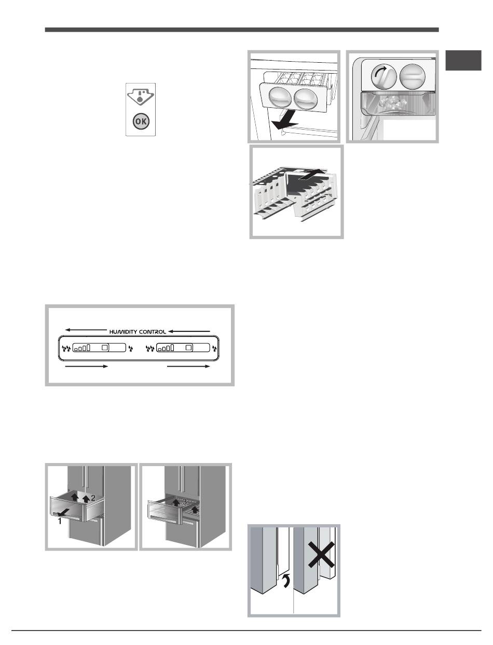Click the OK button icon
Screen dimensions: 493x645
[141, 121]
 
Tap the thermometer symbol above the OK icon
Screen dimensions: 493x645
[141, 96]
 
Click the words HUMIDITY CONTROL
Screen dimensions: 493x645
[138, 332]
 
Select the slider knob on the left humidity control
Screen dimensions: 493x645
[105, 347]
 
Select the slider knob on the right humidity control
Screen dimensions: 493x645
[189, 347]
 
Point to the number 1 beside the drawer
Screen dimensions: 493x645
[60, 522]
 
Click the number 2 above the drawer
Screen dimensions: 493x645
[93, 498]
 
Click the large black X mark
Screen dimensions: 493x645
[321, 554]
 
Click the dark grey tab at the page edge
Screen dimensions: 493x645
[463, 61]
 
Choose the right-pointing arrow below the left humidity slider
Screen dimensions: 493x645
[87, 367]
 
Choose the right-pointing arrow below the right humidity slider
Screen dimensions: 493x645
[188, 367]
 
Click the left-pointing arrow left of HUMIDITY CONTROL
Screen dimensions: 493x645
[86, 330]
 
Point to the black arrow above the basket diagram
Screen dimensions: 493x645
[312, 174]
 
